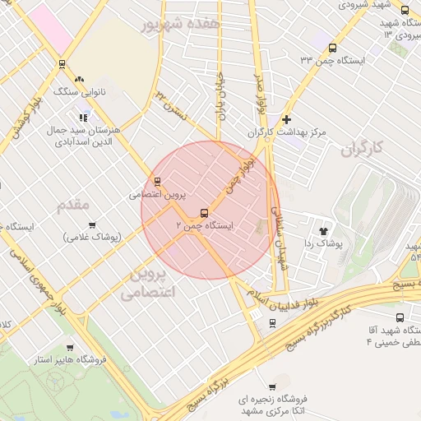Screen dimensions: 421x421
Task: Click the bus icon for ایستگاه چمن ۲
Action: pos(204,214)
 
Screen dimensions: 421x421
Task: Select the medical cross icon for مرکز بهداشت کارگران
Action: pos(286,120)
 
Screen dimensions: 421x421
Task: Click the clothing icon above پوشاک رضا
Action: pos(323,232)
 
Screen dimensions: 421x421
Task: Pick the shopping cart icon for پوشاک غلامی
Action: pos(92,225)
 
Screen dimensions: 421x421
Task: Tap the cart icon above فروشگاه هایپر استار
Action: pos(69,348)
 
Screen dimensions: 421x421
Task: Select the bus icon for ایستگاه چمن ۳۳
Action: pos(332,48)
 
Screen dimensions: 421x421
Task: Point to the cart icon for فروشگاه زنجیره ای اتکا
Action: pos(272,386)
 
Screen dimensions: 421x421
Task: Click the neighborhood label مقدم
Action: pos(73,206)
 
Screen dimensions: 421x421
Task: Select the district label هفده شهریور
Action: pos(181,25)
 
